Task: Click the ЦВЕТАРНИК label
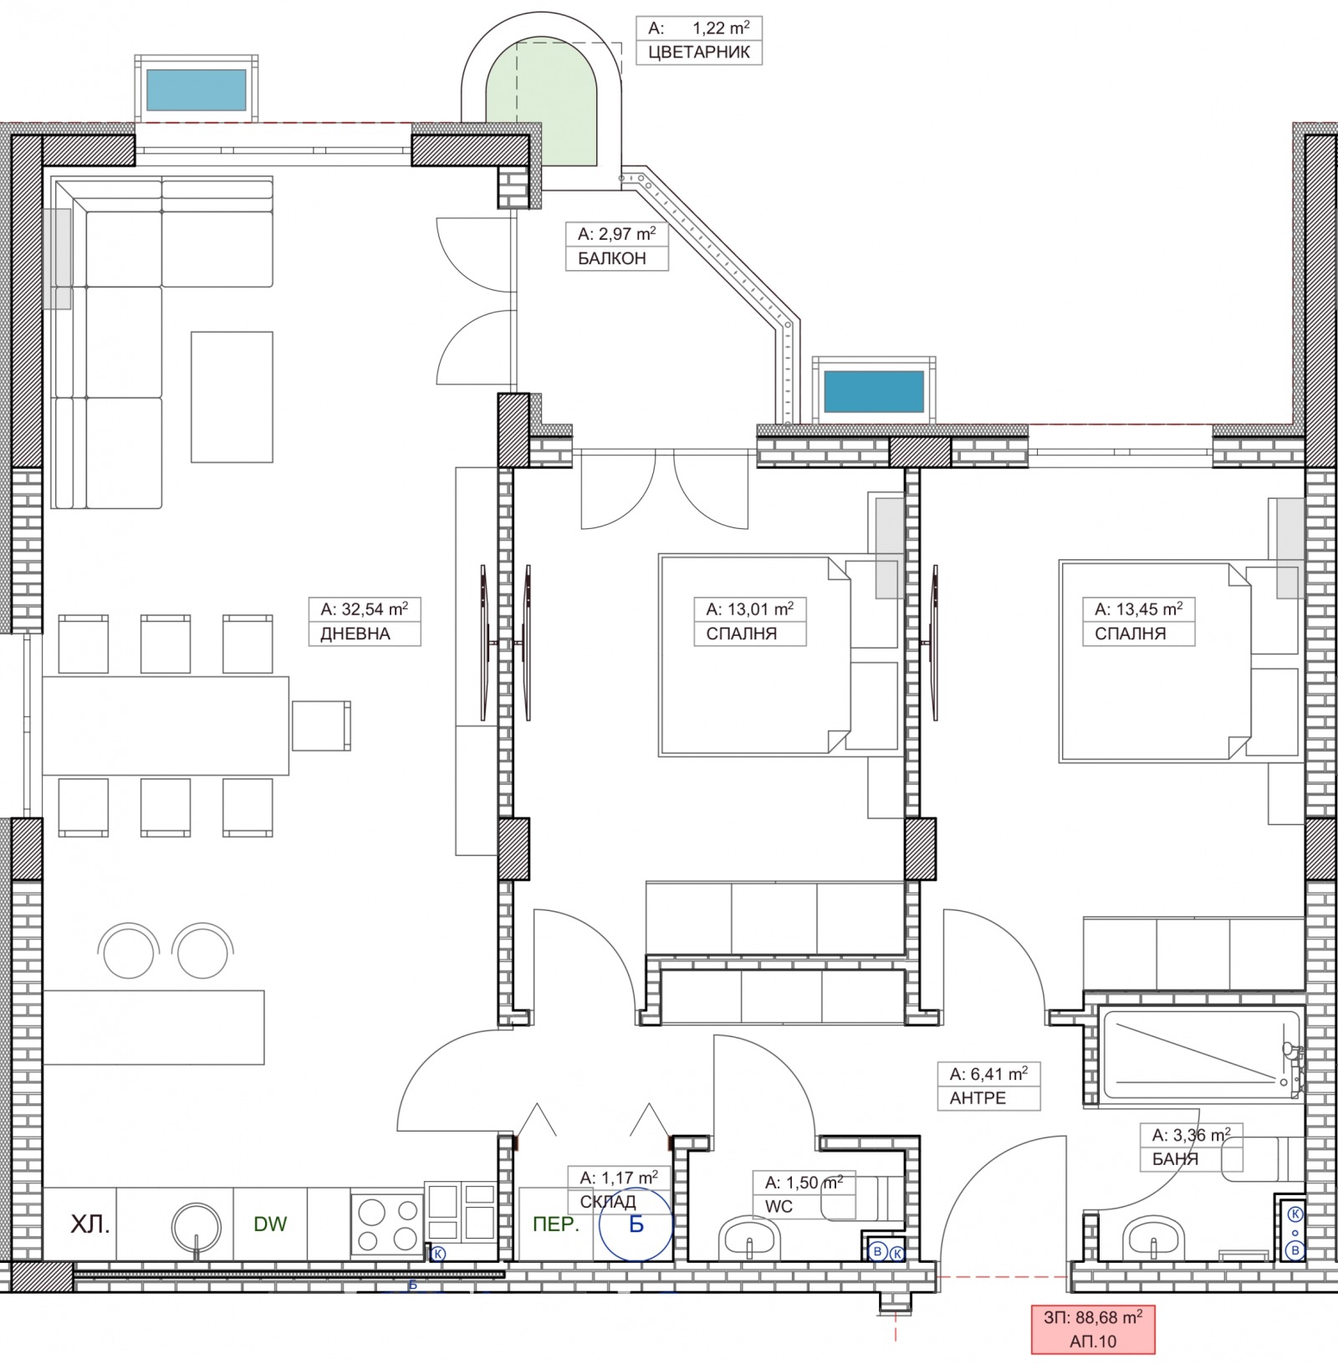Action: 699,53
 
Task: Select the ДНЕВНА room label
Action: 355,634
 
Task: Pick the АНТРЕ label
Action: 978,1097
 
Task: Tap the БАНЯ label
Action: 1175,1159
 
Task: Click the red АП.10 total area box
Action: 1093,1330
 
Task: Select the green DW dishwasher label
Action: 270,1224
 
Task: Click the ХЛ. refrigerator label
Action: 90,1225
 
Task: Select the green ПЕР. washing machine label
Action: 556,1224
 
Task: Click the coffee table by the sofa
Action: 232,397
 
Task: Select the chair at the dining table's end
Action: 321,725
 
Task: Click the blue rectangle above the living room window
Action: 197,90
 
